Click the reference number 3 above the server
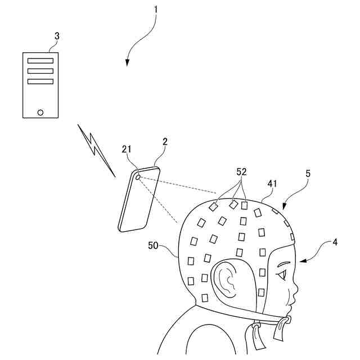pyautogui.click(x=56, y=35)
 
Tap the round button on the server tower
pyautogui.click(x=40, y=111)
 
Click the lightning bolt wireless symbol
pyautogui.click(x=97, y=150)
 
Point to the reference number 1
pyautogui.click(x=156, y=9)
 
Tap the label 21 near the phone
pyautogui.click(x=126, y=149)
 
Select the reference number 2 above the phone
pyautogui.click(x=165, y=142)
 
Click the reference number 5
pyautogui.click(x=308, y=174)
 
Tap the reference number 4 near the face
pyautogui.click(x=335, y=242)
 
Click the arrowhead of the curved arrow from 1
pyautogui.click(x=128, y=64)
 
